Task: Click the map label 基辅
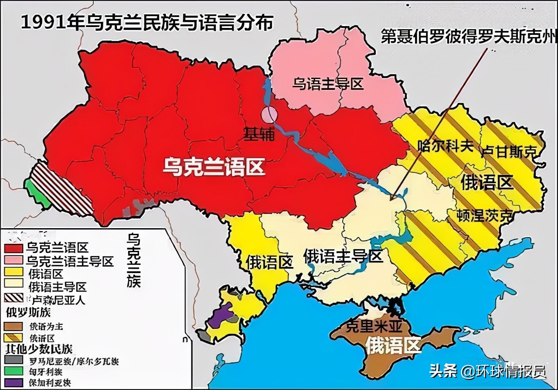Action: tap(259, 134)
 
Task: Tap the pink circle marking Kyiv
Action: tap(269, 115)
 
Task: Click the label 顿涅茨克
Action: tap(484, 215)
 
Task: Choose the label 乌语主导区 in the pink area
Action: tap(327, 83)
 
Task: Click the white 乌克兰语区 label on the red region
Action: tap(214, 167)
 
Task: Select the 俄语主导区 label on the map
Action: tap(343, 256)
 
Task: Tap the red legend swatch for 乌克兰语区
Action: tap(13, 248)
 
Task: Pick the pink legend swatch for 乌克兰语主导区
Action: tap(13, 261)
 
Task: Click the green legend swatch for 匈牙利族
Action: tap(13, 372)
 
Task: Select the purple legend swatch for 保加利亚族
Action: tap(13, 383)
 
